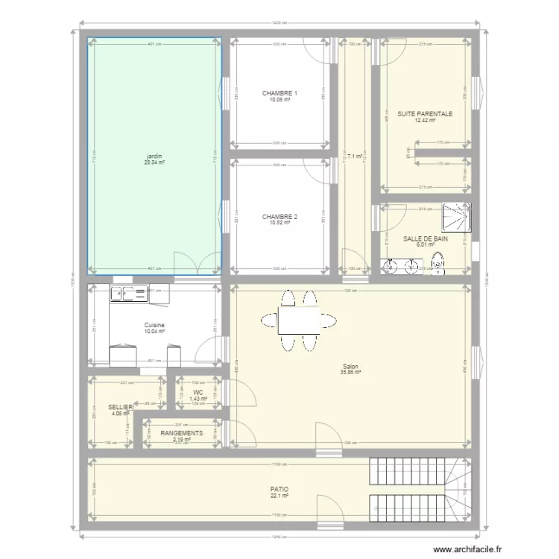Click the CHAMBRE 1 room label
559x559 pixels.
279,93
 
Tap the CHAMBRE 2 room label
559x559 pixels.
279,217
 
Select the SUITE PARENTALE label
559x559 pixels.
425,114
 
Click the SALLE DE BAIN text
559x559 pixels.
426,239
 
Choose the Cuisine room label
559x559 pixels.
155,325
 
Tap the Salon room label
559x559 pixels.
350,366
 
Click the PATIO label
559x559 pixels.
279,490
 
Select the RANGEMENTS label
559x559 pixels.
182,433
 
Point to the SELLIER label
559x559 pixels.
120,408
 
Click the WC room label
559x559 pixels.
198,392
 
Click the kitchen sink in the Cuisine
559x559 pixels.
130,294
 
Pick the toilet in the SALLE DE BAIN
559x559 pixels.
438,263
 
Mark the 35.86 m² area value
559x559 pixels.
350,373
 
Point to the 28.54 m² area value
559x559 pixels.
155,162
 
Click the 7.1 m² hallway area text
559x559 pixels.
354,157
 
